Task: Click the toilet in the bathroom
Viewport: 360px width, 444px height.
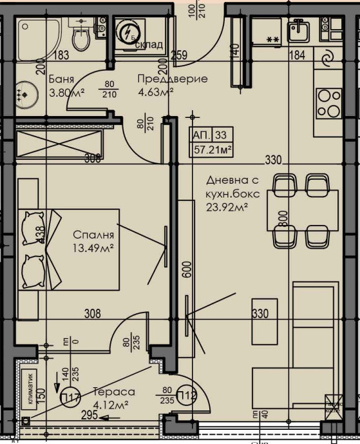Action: [81, 37]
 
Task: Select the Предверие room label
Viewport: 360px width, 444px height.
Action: [173, 79]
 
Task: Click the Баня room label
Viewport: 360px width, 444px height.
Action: [61, 79]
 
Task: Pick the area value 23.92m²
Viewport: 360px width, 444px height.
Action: [227, 207]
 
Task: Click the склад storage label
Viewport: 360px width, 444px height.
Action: [148, 44]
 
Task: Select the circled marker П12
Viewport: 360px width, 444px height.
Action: [186, 395]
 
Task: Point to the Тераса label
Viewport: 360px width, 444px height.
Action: [113, 391]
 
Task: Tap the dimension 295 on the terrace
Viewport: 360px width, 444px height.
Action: [90, 416]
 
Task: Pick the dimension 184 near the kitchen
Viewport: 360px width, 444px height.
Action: [298, 55]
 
